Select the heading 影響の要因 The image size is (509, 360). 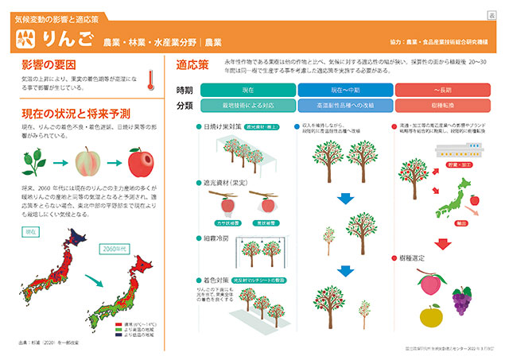tap(49, 63)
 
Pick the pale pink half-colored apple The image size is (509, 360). tap(87, 165)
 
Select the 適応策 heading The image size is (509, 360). tap(192, 63)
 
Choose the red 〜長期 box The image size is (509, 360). tap(442, 89)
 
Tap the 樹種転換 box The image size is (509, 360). tap(442, 105)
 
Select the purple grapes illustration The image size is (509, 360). tap(463, 300)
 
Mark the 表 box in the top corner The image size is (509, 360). tap(492, 16)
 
